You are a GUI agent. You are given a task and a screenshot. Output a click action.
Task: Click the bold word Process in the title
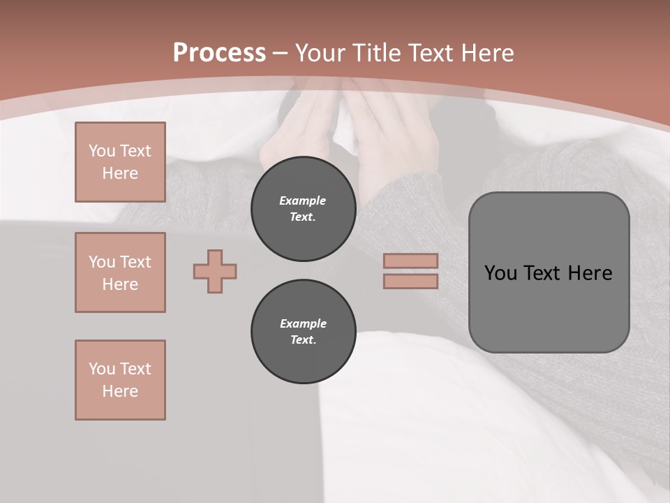click(x=219, y=53)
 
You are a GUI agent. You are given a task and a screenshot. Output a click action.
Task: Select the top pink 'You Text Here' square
click(x=120, y=162)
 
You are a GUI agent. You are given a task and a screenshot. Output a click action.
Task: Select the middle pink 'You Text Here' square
click(x=120, y=272)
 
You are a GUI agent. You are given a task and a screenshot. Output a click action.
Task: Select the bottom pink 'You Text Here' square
click(x=120, y=380)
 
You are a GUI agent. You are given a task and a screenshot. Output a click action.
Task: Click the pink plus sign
click(x=215, y=271)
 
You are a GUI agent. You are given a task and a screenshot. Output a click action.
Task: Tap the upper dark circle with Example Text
click(x=303, y=208)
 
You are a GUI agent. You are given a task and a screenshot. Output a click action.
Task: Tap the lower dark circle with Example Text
click(x=303, y=331)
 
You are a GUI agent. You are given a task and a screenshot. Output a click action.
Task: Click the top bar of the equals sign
click(x=410, y=261)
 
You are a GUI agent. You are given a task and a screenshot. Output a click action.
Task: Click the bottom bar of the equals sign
click(x=410, y=281)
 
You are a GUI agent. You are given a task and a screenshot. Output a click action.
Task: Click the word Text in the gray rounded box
click(x=541, y=273)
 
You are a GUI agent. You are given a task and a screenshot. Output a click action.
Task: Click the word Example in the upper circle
click(x=303, y=201)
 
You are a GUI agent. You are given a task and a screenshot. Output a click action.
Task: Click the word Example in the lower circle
click(x=303, y=323)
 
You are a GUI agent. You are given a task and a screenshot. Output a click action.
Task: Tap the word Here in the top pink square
click(x=120, y=173)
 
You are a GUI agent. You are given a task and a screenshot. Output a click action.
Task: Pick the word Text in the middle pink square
click(x=135, y=262)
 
